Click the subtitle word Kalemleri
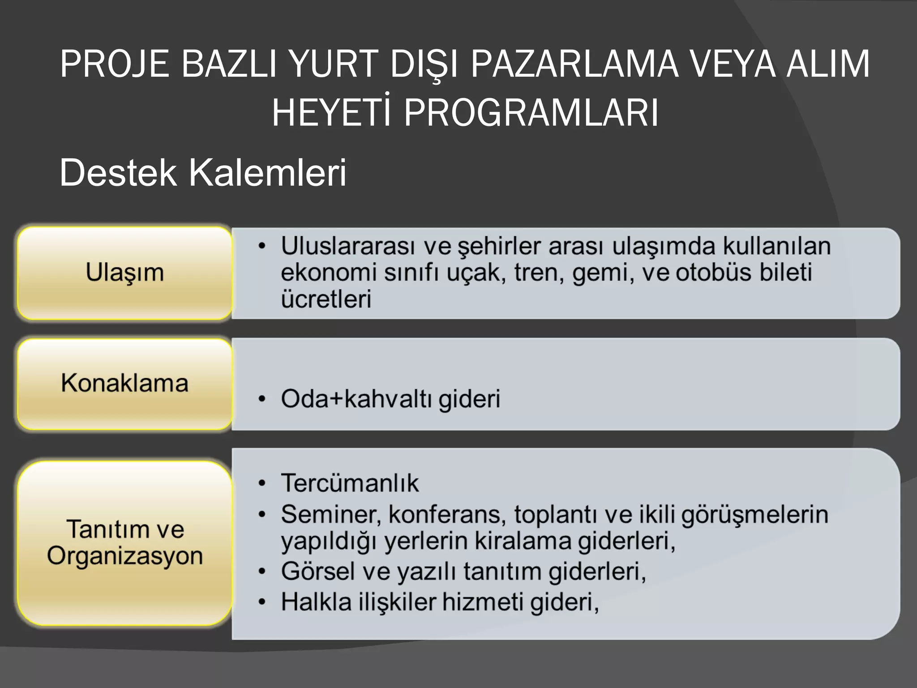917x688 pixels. pos(267,173)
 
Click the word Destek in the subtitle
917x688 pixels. pos(118,173)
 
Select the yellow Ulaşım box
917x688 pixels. pos(124,273)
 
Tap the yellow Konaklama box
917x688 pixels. pos(124,383)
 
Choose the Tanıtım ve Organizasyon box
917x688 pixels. pos(124,542)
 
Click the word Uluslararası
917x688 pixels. pos(348,245)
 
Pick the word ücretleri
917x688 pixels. pos(326,299)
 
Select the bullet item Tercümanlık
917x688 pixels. pos(350,483)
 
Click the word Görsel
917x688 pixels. pos(317,572)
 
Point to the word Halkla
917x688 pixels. pos(316,602)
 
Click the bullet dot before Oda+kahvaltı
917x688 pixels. pos(262,399)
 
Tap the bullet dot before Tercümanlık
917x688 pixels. pos(262,483)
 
